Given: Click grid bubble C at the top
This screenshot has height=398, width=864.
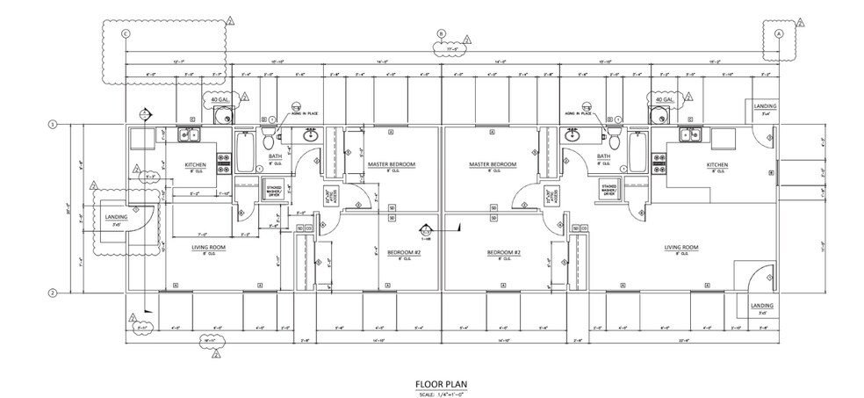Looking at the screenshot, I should tap(126, 33).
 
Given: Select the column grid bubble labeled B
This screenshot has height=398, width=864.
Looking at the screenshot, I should tap(442, 34).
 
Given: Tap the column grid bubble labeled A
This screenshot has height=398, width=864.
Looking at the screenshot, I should tap(778, 33).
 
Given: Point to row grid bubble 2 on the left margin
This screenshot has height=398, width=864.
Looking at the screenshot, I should tap(52, 293).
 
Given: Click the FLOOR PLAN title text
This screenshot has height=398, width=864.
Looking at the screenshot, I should tap(443, 384).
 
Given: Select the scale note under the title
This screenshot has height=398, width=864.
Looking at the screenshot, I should tap(443, 392).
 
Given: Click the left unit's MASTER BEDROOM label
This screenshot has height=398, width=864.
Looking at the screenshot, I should tap(392, 165).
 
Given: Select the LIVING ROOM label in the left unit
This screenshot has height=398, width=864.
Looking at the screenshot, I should tap(210, 249).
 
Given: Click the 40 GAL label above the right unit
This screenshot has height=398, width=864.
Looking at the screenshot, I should tap(661, 100).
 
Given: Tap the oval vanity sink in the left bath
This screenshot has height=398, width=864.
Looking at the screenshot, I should tap(309, 135).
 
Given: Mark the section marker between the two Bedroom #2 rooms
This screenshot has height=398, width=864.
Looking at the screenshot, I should tap(427, 231).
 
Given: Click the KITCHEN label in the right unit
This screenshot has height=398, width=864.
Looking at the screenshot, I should tap(719, 164).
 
